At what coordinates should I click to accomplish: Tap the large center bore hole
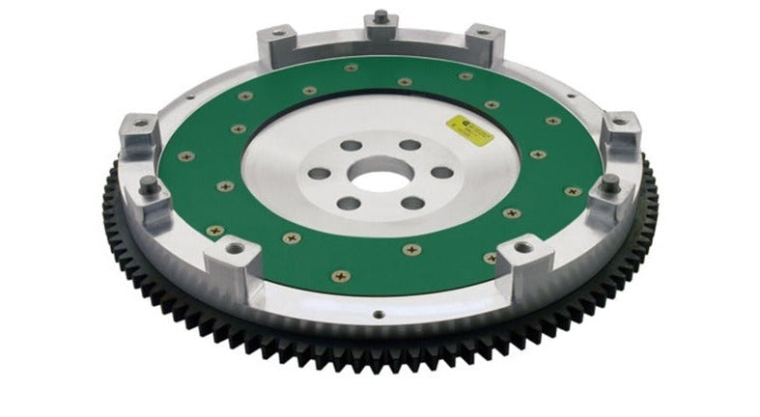pos(378,175)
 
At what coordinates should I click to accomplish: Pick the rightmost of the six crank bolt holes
pos(441,173)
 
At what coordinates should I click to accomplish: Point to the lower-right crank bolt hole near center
pos(413,203)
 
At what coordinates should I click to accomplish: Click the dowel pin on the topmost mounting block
pos(381,16)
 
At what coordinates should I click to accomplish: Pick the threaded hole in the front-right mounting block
pos(522,248)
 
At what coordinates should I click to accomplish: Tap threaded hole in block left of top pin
pos(278,34)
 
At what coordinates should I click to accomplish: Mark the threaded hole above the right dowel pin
pos(619,123)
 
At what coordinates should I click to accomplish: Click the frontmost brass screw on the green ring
pos(339,275)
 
